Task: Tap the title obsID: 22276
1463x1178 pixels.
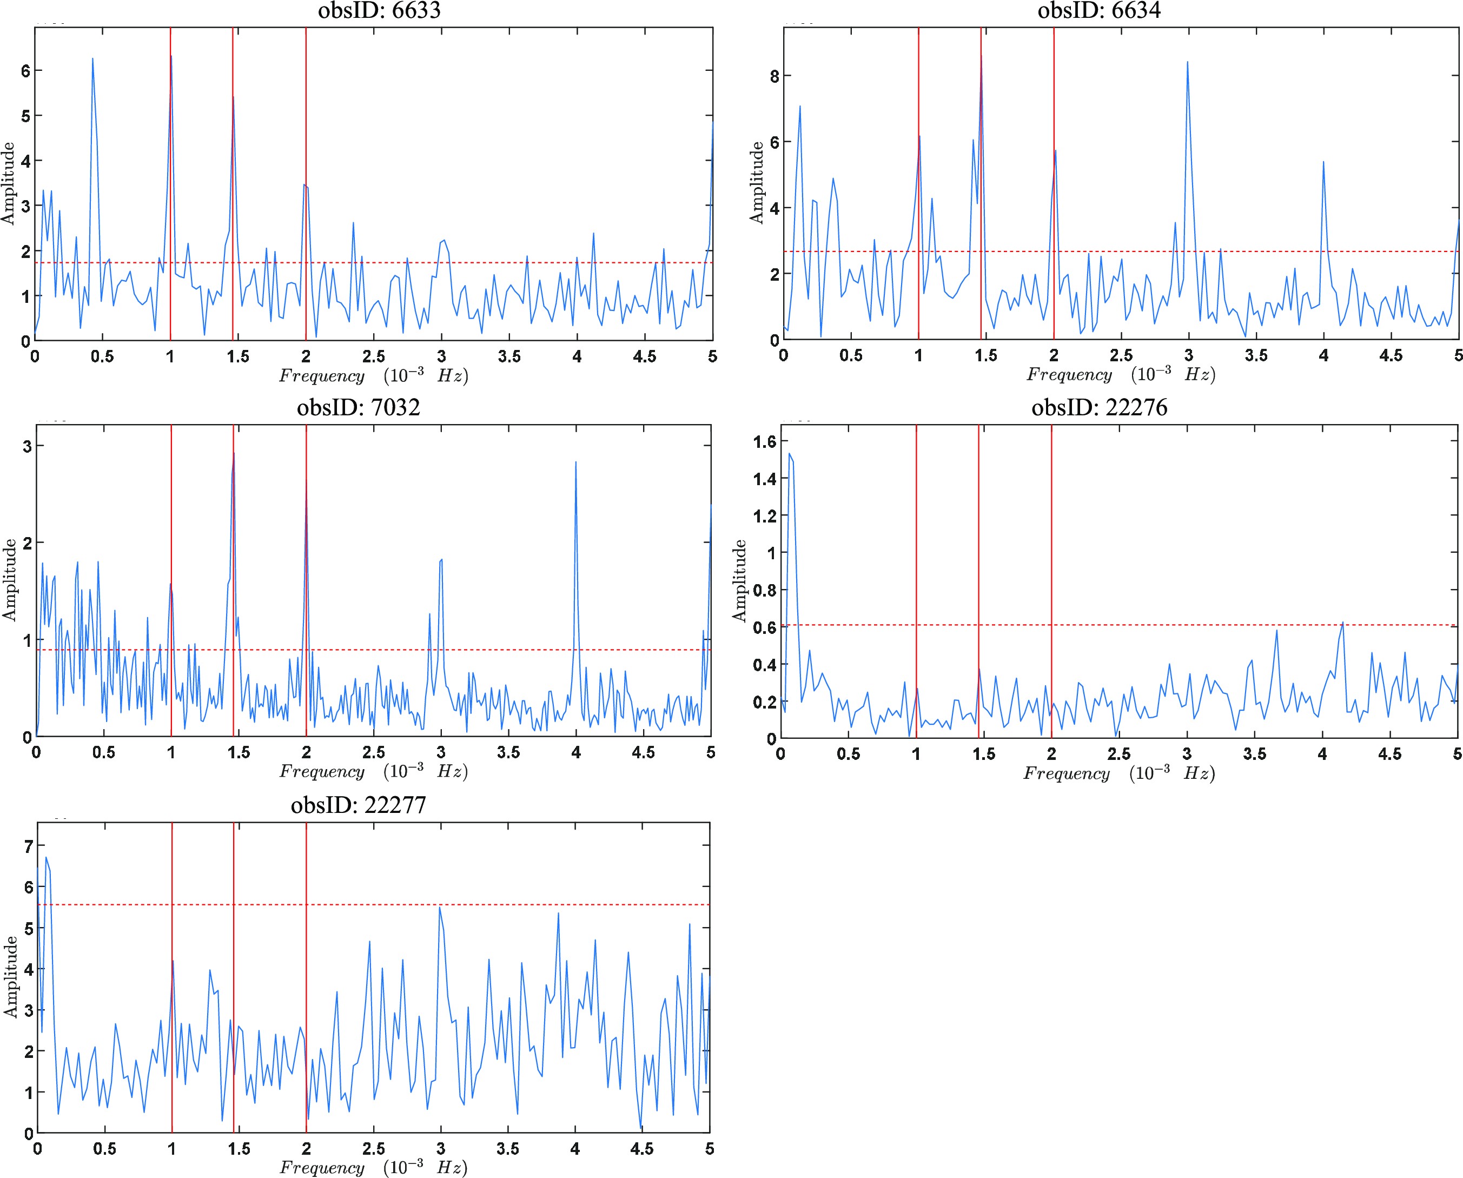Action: (1100, 407)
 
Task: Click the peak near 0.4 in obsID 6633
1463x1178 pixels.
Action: (92, 59)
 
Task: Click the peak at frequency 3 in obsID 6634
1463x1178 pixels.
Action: (1188, 62)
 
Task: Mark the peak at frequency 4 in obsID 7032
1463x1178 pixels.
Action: (576, 463)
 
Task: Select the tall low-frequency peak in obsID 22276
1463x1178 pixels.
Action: (789, 454)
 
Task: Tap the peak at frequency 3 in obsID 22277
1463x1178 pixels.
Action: (440, 908)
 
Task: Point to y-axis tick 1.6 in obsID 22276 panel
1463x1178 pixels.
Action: (764, 442)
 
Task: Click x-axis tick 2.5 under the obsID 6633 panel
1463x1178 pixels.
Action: (373, 357)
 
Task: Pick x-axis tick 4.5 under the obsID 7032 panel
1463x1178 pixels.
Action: (643, 752)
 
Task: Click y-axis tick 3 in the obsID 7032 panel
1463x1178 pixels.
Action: (28, 446)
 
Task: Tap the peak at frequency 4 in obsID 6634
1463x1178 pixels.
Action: (1324, 162)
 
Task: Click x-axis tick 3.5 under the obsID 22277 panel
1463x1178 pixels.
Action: (507, 1149)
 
